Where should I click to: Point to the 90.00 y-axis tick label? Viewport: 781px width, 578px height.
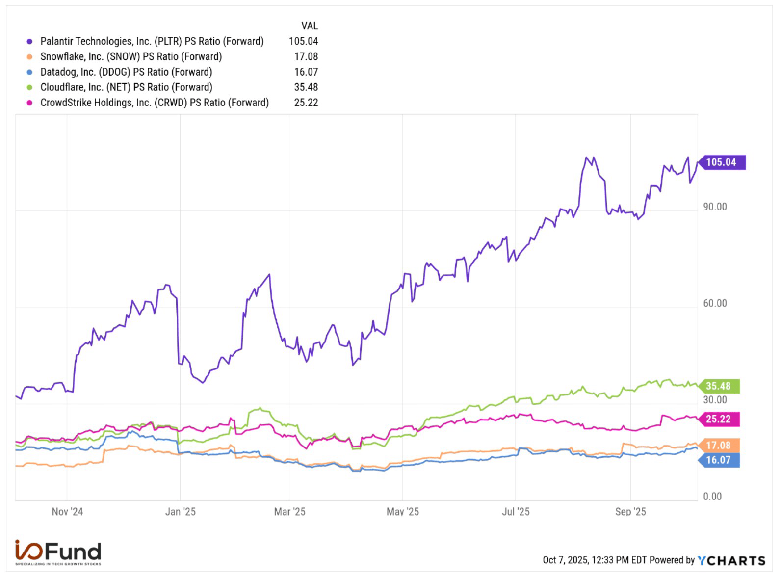pyautogui.click(x=715, y=207)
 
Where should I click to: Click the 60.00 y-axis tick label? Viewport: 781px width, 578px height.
pyautogui.click(x=715, y=303)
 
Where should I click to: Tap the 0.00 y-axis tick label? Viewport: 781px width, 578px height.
pyautogui.click(x=712, y=497)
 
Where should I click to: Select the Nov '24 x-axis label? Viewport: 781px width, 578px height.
pyautogui.click(x=67, y=512)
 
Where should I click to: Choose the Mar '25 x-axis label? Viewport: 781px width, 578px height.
pyautogui.click(x=289, y=512)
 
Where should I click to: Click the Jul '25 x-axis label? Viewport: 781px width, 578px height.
pyautogui.click(x=516, y=512)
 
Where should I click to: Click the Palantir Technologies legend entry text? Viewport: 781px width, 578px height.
pyautogui.click(x=152, y=41)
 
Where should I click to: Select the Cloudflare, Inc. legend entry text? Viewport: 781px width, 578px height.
pyautogui.click(x=126, y=87)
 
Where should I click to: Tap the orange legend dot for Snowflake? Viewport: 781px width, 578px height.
pyautogui.click(x=29, y=57)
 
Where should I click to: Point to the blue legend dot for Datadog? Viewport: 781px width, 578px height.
pyautogui.click(x=29, y=72)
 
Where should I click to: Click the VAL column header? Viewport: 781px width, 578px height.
pyautogui.click(x=309, y=26)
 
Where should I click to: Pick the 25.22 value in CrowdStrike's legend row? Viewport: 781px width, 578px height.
pyautogui.click(x=306, y=103)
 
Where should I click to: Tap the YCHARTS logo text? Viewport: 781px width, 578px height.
pyautogui.click(x=731, y=560)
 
